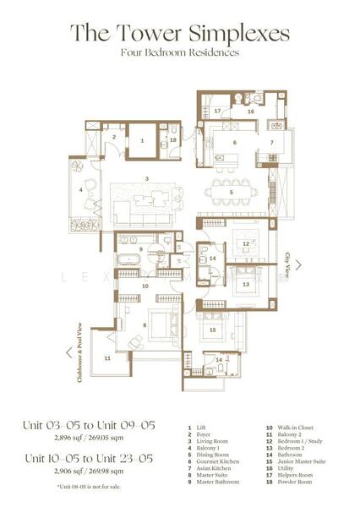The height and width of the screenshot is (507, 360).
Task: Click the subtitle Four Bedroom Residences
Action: (x=180, y=52)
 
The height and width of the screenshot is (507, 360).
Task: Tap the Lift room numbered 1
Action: (x=143, y=141)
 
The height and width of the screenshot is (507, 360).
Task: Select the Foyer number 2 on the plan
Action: (x=114, y=137)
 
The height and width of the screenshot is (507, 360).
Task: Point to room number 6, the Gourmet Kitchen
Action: (x=235, y=142)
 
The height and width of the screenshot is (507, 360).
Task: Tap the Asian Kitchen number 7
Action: (x=272, y=143)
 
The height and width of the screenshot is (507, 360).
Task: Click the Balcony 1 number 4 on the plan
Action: (x=82, y=190)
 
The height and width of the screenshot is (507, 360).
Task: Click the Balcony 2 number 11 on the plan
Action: (x=108, y=358)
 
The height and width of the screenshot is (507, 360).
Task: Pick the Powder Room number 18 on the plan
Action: (x=172, y=140)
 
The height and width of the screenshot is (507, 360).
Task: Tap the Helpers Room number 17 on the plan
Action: (x=218, y=111)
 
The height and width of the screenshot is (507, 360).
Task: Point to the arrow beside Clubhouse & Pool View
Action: (x=68, y=352)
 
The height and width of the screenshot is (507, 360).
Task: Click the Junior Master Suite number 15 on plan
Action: (x=213, y=330)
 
